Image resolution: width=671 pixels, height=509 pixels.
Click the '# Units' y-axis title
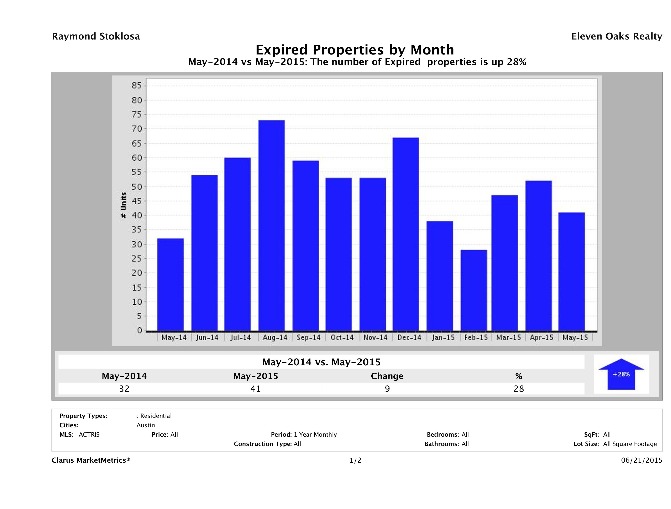coord(124,205)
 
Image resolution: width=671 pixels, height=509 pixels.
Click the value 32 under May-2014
coord(124,389)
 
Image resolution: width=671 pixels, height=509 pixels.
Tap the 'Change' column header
coord(387,376)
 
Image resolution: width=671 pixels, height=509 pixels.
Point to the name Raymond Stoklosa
coord(96,36)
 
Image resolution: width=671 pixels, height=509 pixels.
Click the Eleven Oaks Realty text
coord(616,36)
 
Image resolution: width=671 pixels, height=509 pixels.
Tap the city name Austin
coord(146,425)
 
